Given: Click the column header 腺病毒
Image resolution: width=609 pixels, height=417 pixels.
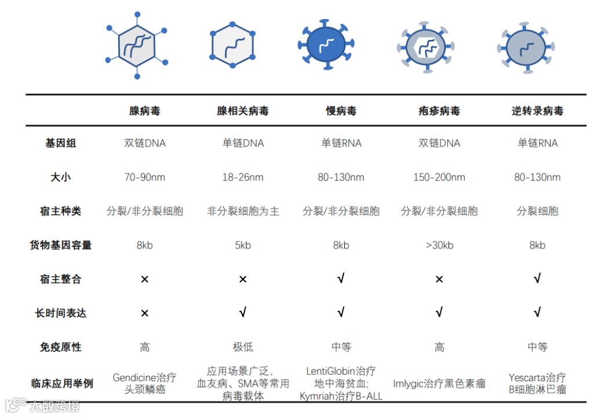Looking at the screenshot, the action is pyautogui.click(x=145, y=111).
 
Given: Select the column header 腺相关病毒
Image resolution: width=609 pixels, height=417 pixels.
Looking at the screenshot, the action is pyautogui.click(x=243, y=111).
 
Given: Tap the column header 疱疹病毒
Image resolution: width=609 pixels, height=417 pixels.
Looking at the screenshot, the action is pyautogui.click(x=439, y=111).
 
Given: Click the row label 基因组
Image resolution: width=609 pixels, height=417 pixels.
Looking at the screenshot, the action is pyautogui.click(x=60, y=143).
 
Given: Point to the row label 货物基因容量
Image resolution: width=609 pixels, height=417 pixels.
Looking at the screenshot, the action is pyautogui.click(x=60, y=245).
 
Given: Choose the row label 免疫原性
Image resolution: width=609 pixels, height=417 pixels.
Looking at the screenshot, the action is pyautogui.click(x=60, y=347).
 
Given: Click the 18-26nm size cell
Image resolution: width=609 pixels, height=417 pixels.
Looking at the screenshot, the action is pyautogui.click(x=243, y=177).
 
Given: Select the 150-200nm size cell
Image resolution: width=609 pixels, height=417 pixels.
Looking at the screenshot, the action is pyautogui.click(x=439, y=177).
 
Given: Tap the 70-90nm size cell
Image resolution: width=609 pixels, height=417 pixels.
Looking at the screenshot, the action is pyautogui.click(x=145, y=177).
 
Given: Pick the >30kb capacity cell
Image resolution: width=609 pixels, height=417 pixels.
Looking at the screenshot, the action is pyautogui.click(x=439, y=245).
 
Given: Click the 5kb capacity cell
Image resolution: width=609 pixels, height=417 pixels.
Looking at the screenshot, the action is pyautogui.click(x=243, y=245).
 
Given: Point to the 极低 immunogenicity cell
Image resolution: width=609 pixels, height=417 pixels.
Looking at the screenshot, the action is pyautogui.click(x=243, y=347).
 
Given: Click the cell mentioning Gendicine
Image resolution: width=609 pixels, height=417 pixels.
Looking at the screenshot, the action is pyautogui.click(x=145, y=383).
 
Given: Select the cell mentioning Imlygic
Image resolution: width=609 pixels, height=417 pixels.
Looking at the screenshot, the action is pyautogui.click(x=439, y=383).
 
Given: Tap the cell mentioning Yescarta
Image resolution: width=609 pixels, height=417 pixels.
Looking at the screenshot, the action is pyautogui.click(x=537, y=383).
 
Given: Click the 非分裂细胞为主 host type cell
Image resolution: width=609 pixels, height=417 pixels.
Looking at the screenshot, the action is pyautogui.click(x=243, y=211).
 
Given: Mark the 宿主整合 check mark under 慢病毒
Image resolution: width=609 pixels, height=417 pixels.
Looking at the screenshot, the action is pyautogui.click(x=341, y=279).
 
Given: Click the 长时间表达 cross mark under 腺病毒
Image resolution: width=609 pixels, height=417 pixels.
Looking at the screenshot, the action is pyautogui.click(x=145, y=313).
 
